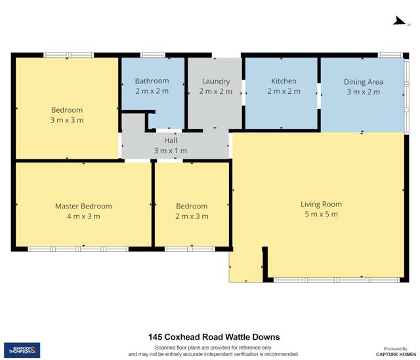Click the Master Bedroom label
83,206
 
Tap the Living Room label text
321,204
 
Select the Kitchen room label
283,81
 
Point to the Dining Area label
363,82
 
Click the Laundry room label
215,81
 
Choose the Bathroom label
152,81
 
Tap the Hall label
170,140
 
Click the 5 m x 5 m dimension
321,214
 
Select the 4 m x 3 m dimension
83,216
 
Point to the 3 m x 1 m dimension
170,151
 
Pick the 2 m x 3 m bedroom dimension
192,216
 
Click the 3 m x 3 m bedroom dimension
67,121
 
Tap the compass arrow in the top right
398,21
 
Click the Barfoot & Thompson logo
22,350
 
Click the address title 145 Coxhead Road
214,337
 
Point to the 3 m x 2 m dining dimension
363,92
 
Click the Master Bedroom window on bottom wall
77,249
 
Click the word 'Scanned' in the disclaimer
166,347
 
